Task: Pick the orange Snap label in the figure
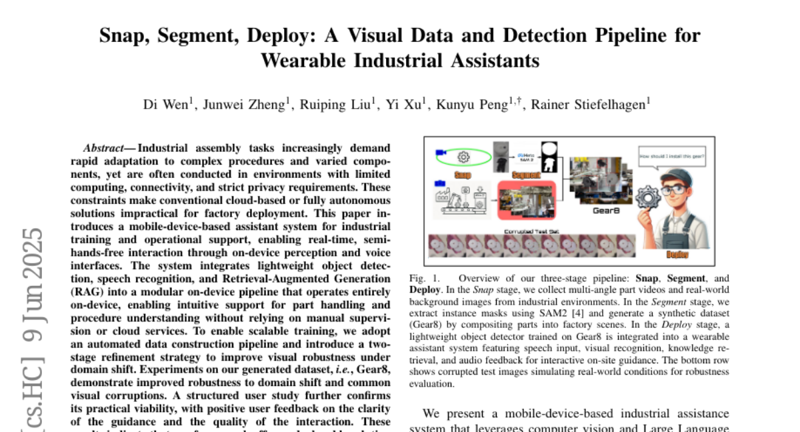tap(462, 175)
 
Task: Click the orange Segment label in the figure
tap(525, 175)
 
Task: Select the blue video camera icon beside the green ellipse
tap(441, 153)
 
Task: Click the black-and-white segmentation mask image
tap(549, 157)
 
